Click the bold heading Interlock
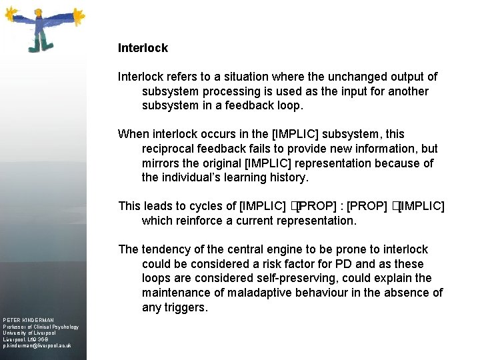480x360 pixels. click(143, 48)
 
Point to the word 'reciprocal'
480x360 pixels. click(170, 149)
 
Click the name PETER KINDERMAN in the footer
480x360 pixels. click(28, 320)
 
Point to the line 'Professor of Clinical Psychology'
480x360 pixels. click(41, 327)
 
